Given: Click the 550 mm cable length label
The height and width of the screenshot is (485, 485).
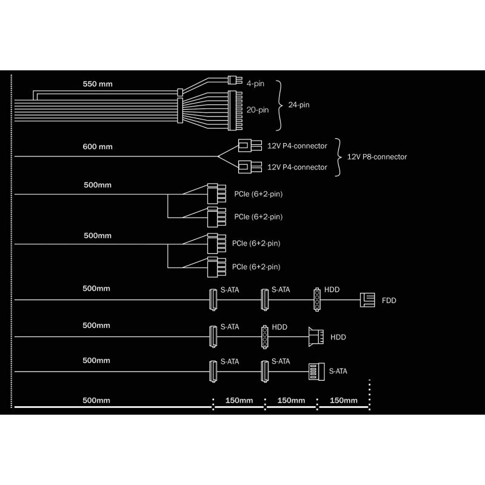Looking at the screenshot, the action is [98, 84].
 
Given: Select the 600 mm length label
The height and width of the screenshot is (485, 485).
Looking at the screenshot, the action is [98, 147].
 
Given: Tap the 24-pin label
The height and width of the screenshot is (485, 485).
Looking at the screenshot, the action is [299, 105].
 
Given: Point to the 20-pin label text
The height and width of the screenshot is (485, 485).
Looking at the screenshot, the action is [257, 110].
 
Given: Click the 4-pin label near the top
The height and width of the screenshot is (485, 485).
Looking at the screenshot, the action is [255, 84].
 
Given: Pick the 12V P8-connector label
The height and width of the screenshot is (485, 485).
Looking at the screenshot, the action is [376, 157].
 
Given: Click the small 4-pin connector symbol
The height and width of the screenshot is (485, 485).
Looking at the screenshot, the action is [235, 80].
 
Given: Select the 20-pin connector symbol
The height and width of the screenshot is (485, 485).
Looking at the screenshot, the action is [235, 110].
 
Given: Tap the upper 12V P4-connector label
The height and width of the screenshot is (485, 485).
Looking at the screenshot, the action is [297, 146].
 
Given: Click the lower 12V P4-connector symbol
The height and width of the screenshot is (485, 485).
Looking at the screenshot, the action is [250, 167].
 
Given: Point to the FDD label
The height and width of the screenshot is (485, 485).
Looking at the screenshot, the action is [389, 301].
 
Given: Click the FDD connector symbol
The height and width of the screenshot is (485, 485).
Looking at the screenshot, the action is [367, 300].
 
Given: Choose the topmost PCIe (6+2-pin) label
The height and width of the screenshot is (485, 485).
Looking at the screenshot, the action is [258, 194].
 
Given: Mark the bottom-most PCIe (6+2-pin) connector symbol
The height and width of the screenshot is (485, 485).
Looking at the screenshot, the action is [216, 267].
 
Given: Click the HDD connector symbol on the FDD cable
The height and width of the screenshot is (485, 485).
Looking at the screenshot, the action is [317, 299].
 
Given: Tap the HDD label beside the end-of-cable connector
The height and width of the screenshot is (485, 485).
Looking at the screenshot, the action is [338, 337].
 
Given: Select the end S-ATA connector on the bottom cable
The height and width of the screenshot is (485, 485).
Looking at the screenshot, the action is [316, 372].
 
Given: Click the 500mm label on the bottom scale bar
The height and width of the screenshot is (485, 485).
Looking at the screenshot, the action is [96, 400].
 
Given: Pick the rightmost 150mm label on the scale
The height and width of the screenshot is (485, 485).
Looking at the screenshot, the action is [343, 400].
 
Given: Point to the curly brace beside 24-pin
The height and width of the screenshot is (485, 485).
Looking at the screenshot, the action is [279, 105].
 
